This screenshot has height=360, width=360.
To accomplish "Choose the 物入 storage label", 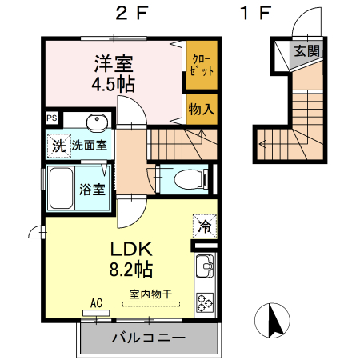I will coord(201,109).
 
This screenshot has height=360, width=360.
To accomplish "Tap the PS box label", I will coord(52,118).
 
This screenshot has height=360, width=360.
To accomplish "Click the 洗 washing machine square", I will coord(58,146).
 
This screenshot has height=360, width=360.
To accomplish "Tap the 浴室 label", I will coord(91,190).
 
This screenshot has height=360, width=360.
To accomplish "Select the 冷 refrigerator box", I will coord(203,227).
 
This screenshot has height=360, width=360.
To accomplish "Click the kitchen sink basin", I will coord(202,265).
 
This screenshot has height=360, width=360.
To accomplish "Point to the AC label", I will coord(97,303).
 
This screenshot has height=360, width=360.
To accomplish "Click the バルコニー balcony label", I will coord(148,338).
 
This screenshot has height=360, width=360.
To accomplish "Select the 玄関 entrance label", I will coord(305,51).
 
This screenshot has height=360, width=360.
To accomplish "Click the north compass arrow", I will coord(273,321).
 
